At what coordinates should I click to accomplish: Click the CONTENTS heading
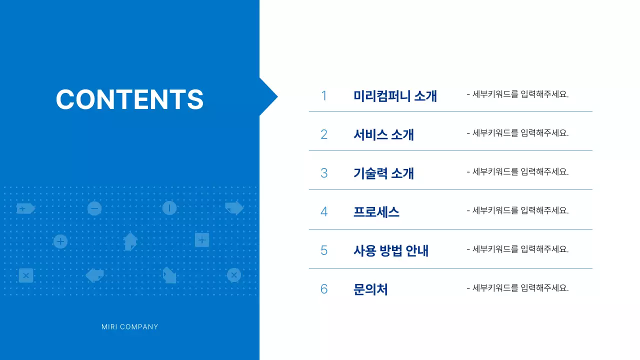tap(129, 99)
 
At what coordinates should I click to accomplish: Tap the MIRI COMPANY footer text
tap(129, 327)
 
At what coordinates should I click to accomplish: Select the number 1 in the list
tap(324, 96)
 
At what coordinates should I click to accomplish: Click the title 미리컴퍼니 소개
tap(395, 96)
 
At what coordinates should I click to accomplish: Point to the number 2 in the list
tap(324, 134)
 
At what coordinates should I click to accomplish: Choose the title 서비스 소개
tap(383, 134)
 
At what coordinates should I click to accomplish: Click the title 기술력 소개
tap(383, 173)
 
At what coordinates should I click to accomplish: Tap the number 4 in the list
tap(324, 212)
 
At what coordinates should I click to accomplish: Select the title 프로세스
tap(376, 212)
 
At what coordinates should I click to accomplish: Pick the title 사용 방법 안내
tap(391, 250)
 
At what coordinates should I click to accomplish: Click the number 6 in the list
tap(324, 289)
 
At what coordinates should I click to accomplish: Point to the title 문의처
tap(370, 289)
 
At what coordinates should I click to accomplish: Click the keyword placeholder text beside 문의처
tap(517, 288)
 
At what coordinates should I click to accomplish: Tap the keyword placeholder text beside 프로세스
tap(517, 210)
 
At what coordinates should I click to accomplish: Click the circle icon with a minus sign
tap(94, 208)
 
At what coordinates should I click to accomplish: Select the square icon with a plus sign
tap(201, 240)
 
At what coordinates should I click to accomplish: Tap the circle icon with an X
tap(233, 275)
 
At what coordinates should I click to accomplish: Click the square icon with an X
tap(26, 275)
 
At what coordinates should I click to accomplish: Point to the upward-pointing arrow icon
tap(130, 241)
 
